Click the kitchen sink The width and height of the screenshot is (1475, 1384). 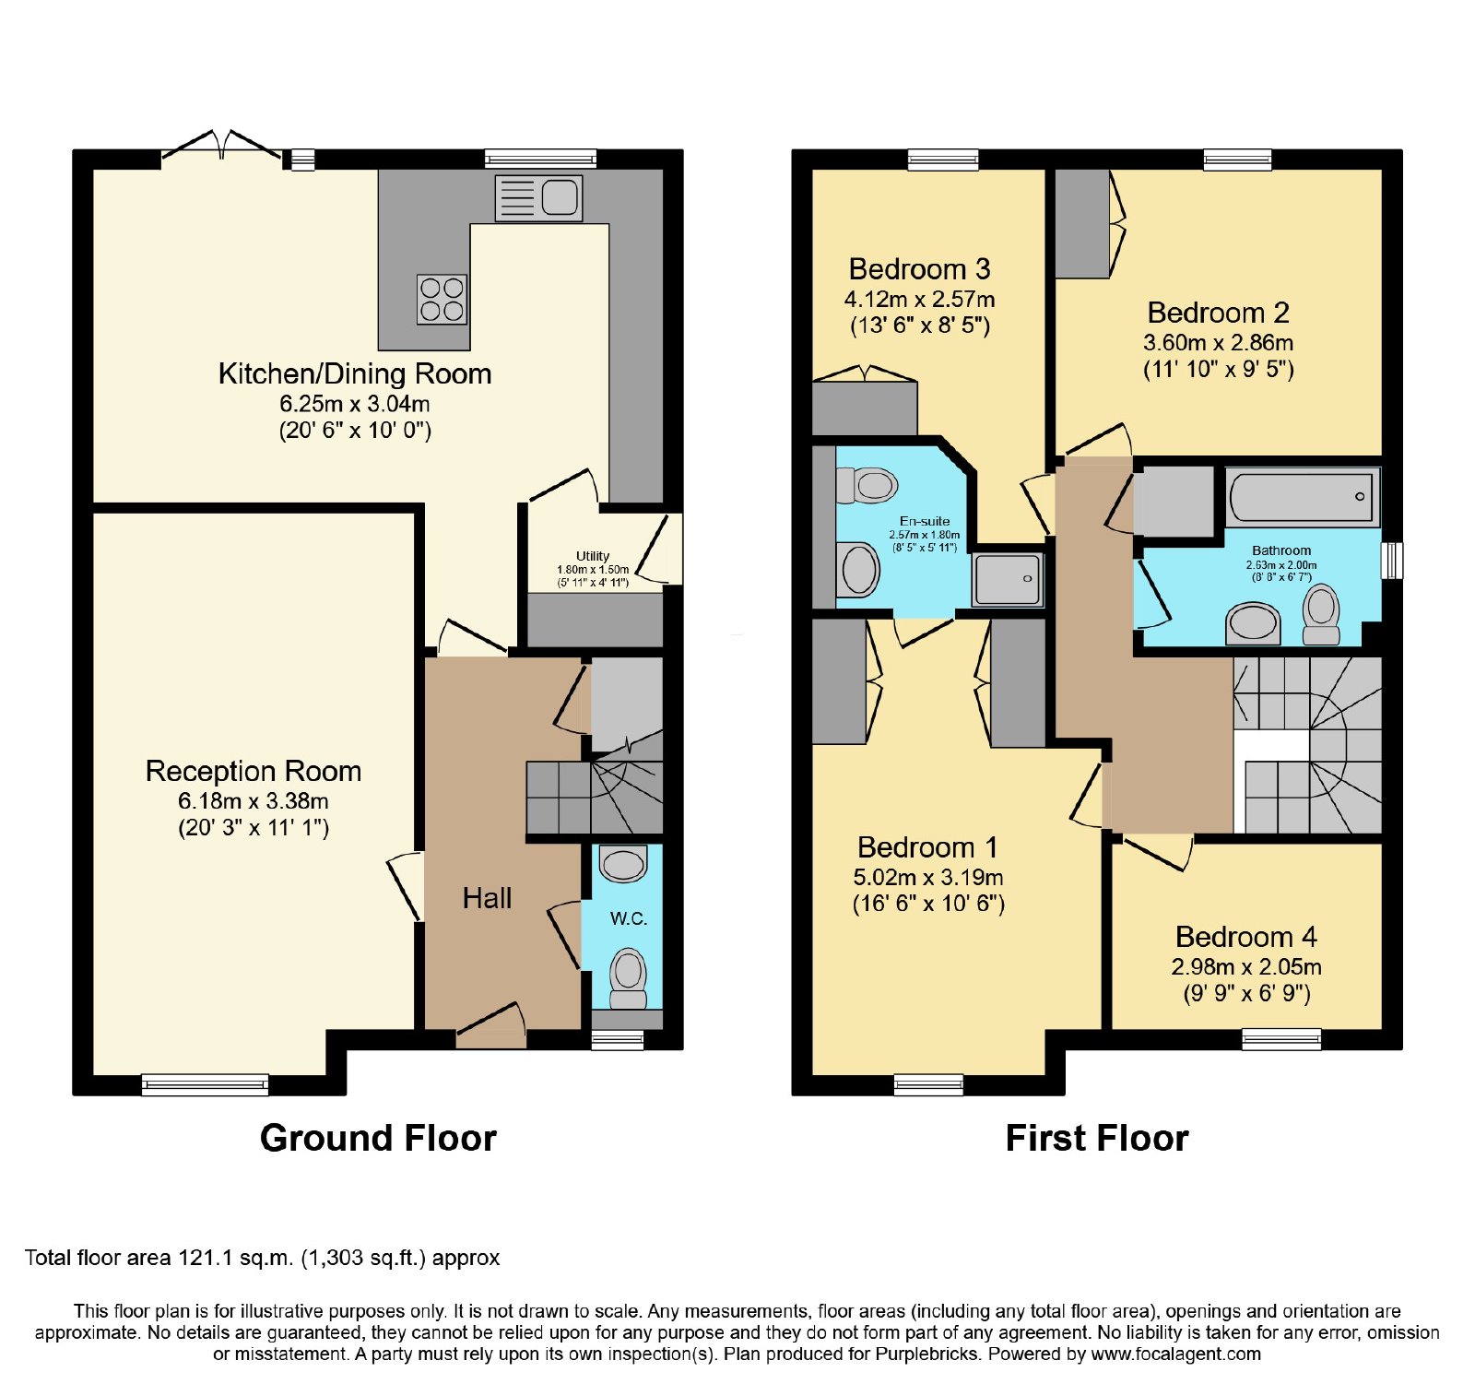click(538, 197)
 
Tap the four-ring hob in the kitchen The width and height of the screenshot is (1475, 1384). click(442, 299)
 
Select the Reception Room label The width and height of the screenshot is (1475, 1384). click(254, 771)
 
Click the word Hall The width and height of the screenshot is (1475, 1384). click(487, 898)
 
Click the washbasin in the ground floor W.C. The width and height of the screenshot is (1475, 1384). click(623, 864)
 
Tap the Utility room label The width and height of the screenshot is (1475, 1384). click(593, 556)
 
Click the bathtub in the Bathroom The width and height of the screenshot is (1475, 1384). click(1302, 497)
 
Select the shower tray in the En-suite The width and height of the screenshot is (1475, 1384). click(1008, 580)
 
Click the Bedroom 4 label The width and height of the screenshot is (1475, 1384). click(1246, 937)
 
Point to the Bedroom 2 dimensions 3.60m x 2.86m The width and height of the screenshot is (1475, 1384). click(1218, 343)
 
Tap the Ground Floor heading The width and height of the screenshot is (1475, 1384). click(378, 1138)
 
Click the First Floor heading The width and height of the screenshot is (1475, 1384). click(1097, 1138)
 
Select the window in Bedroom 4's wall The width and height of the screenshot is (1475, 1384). click(1281, 1039)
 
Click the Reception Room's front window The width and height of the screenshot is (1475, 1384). click(205, 1085)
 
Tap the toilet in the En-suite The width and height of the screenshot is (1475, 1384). click(867, 485)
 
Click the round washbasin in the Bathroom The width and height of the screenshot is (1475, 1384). click(1254, 623)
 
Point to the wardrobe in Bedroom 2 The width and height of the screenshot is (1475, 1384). click(1082, 223)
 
